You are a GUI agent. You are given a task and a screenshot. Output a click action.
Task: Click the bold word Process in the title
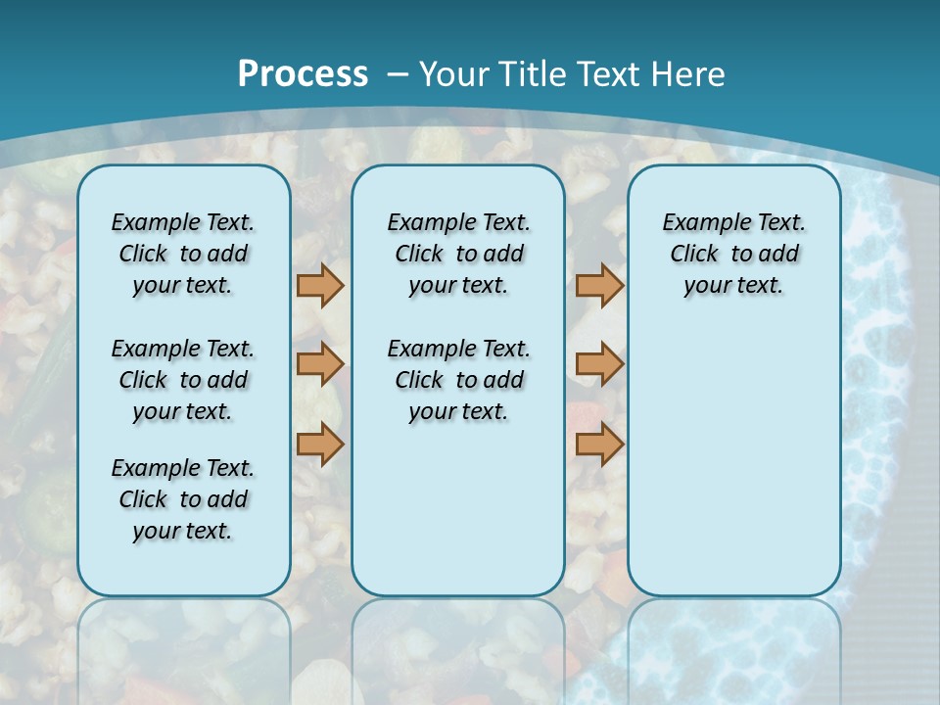tap(303, 74)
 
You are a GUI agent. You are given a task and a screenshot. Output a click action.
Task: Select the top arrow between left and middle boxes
tap(320, 285)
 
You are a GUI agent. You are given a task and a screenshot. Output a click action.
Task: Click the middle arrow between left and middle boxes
tap(320, 364)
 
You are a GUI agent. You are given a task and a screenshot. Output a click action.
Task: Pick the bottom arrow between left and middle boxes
tap(320, 445)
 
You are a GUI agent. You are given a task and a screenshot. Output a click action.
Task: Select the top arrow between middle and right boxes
tap(599, 285)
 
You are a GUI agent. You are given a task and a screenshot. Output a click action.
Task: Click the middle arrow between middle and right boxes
tap(599, 364)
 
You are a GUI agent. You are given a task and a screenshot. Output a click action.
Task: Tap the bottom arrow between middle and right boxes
tap(599, 445)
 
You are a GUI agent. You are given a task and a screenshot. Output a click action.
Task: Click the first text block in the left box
tap(183, 254)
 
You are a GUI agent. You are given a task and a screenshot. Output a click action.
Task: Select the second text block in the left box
tap(183, 380)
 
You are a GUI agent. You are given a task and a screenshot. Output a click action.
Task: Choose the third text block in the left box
tap(183, 499)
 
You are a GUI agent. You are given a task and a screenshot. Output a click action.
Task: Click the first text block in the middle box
tap(458, 254)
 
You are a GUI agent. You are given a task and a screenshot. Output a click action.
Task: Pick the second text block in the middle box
tap(458, 380)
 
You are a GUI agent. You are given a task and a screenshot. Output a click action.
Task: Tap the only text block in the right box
tap(733, 254)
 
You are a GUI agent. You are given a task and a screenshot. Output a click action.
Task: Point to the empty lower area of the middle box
tap(458, 509)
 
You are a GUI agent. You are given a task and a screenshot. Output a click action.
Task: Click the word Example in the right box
tap(701, 223)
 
